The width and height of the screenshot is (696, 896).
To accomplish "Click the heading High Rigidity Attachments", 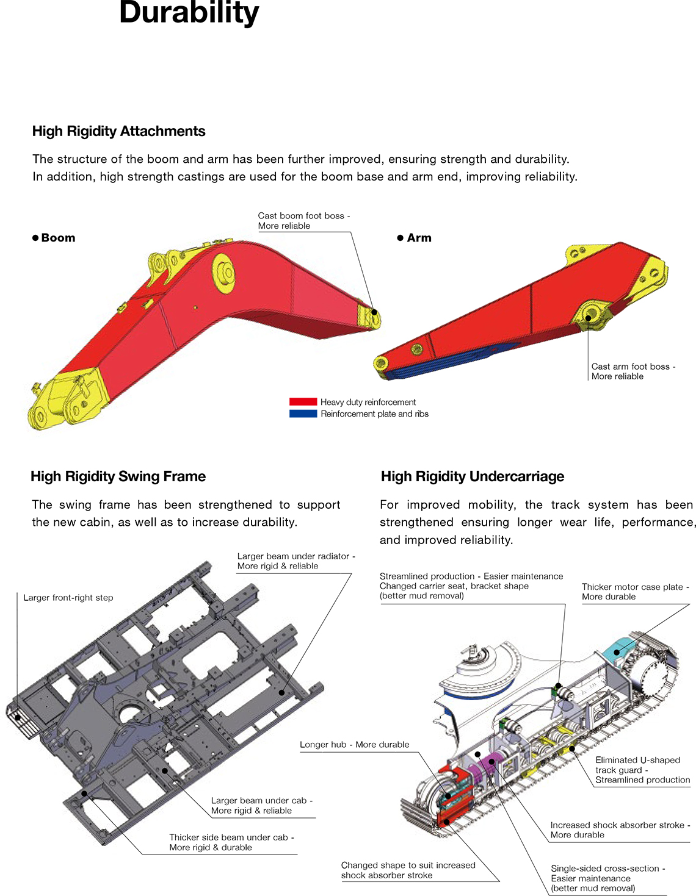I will pyautogui.click(x=118, y=131).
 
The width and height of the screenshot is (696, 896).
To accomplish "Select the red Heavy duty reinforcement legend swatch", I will pyautogui.click(x=303, y=402).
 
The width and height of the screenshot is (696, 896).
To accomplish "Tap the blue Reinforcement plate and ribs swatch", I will pyautogui.click(x=303, y=414).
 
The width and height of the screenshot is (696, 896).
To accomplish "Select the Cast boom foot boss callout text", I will pyautogui.click(x=303, y=221).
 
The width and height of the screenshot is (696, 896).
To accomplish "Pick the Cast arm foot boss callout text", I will pyautogui.click(x=633, y=371).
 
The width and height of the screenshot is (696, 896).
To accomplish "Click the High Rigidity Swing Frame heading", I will pyautogui.click(x=118, y=476).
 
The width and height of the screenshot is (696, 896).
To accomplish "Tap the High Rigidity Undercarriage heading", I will pyautogui.click(x=472, y=476).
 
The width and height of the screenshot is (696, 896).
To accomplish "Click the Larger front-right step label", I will pyautogui.click(x=68, y=598).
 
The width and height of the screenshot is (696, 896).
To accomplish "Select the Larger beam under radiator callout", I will pyautogui.click(x=295, y=561).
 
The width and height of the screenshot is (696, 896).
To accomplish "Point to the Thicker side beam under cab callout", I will pyautogui.click(x=231, y=842).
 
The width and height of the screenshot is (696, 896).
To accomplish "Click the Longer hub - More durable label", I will pyautogui.click(x=354, y=745).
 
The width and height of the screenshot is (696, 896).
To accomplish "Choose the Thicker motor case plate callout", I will pyautogui.click(x=635, y=592).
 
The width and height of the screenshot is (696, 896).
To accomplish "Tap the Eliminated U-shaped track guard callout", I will pyautogui.click(x=642, y=770).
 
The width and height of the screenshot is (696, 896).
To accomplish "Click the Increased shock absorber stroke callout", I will pyautogui.click(x=620, y=830).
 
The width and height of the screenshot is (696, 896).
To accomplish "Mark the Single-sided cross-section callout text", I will pyautogui.click(x=607, y=878).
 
